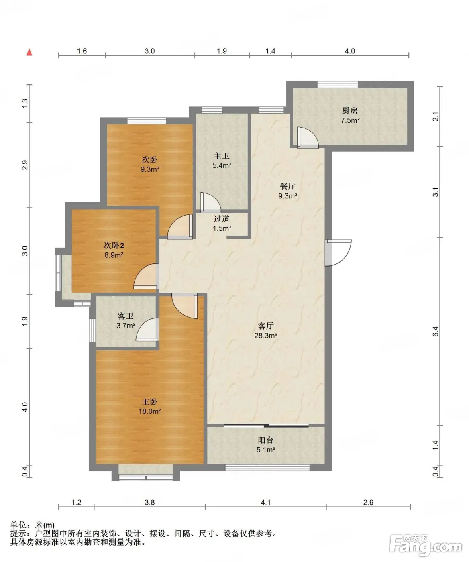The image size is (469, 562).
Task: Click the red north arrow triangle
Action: coord(29,52)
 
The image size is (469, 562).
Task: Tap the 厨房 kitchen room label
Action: coord(349,110)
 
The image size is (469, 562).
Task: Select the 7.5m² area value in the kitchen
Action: coord(350,120)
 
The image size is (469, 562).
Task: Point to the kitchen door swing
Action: coord(308,137)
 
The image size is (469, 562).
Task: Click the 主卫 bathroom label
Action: coord(222,156)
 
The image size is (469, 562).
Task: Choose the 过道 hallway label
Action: coord(222,218)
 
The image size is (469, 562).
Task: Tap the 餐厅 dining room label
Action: coord(288,186)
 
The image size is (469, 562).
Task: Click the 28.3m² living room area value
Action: coord(266,335)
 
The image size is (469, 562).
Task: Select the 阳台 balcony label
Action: coord(266,440)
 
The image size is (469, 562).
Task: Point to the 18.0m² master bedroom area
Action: coord(150,411)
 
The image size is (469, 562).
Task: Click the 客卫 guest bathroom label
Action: coord(125,316)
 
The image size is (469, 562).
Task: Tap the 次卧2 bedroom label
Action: coord(114,245)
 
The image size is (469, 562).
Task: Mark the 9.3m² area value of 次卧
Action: coord(150,169)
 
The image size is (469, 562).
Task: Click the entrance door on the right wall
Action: coord(338,252)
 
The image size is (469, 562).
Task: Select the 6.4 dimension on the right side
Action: coord(435,331)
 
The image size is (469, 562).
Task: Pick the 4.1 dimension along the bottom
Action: coord(266,503)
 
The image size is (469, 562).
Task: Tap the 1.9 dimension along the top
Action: coord(222,51)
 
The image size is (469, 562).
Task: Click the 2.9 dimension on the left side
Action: coord(24,165)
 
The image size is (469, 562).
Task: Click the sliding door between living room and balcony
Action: coord(266,426)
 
